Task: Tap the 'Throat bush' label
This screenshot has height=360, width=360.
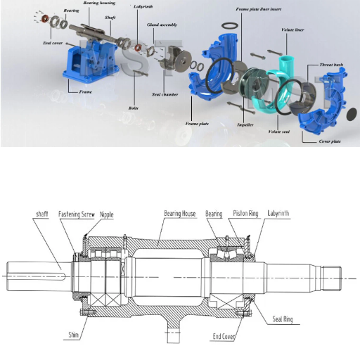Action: tap(331, 64)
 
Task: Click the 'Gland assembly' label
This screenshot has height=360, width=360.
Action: tap(162, 25)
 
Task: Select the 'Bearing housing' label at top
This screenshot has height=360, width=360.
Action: tap(99, 4)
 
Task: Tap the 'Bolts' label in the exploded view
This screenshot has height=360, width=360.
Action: tap(133, 109)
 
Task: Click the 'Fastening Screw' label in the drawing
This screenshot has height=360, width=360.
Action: tap(77, 213)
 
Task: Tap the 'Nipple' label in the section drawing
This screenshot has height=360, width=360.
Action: tap(107, 213)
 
